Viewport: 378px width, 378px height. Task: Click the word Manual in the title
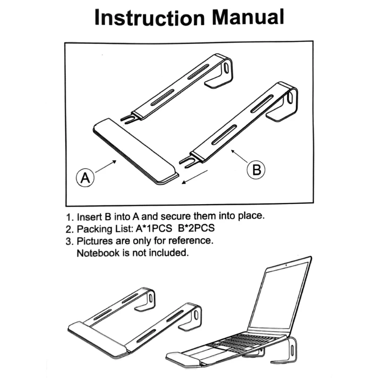(248, 17)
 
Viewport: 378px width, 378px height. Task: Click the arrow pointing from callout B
(239, 157)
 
